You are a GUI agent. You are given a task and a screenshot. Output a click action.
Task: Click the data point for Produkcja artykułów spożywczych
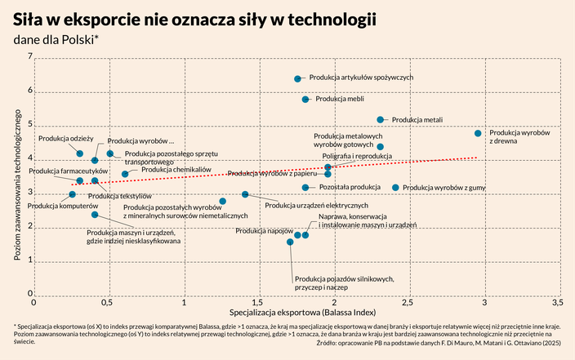pos(297,78)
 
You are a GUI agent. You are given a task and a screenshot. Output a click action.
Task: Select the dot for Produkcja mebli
pos(305,100)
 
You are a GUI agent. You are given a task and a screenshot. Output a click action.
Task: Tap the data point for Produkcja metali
pos(380,120)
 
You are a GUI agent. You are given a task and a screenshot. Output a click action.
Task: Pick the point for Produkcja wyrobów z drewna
pos(478,133)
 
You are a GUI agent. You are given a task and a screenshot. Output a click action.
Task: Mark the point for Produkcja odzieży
pos(80,153)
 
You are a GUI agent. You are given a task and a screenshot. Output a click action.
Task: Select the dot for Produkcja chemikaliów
pos(125,174)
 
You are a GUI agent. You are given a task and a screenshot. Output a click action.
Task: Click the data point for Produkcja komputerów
pos(72,194)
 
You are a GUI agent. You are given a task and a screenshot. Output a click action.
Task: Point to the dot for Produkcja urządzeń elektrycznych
pos(268,194)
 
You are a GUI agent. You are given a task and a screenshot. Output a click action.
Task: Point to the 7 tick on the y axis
pos(30,57)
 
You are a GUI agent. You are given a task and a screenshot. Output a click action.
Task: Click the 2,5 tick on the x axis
pos(408,303)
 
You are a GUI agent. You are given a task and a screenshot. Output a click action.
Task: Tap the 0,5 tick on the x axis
pos(107,303)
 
